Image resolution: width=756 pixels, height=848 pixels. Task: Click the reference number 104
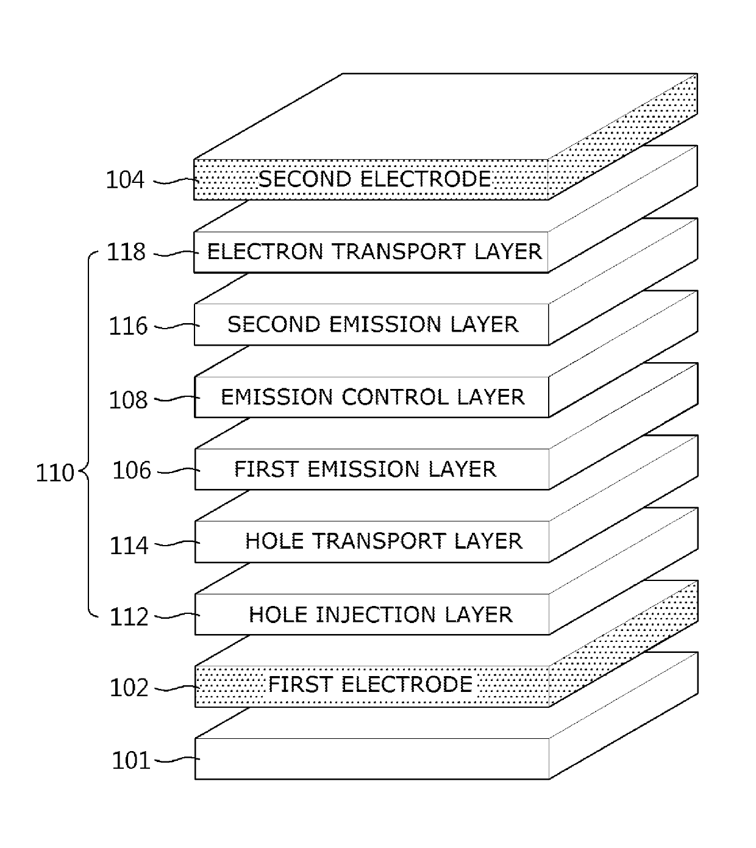pos(125,180)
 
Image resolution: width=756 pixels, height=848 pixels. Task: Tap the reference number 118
pos(126,252)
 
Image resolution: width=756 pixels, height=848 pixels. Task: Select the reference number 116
pos(128,326)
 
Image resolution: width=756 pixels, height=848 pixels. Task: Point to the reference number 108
pos(128,400)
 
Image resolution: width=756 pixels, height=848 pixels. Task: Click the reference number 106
pos(132,470)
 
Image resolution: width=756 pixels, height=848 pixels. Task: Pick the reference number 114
pos(129,546)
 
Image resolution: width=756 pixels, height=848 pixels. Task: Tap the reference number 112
pos(129,617)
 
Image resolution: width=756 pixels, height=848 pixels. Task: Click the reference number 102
pos(129,688)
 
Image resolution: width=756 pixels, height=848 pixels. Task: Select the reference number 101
pos(131,761)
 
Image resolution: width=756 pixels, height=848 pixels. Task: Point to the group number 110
pos(55,473)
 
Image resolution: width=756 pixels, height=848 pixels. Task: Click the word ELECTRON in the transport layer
pos(265,252)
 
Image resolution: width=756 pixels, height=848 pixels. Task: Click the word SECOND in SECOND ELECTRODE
pos(305,179)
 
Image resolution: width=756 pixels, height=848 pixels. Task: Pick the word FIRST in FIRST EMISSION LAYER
pos(266,469)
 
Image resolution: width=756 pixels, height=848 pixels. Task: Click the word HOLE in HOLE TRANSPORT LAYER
pos(274,541)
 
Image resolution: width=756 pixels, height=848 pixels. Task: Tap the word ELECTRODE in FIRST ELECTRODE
pos(407,685)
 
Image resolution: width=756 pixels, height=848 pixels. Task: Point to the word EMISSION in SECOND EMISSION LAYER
pos(385,324)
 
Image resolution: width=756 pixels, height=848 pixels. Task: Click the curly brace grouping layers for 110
pos(89,435)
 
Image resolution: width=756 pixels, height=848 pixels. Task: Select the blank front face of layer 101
pos(372,759)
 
